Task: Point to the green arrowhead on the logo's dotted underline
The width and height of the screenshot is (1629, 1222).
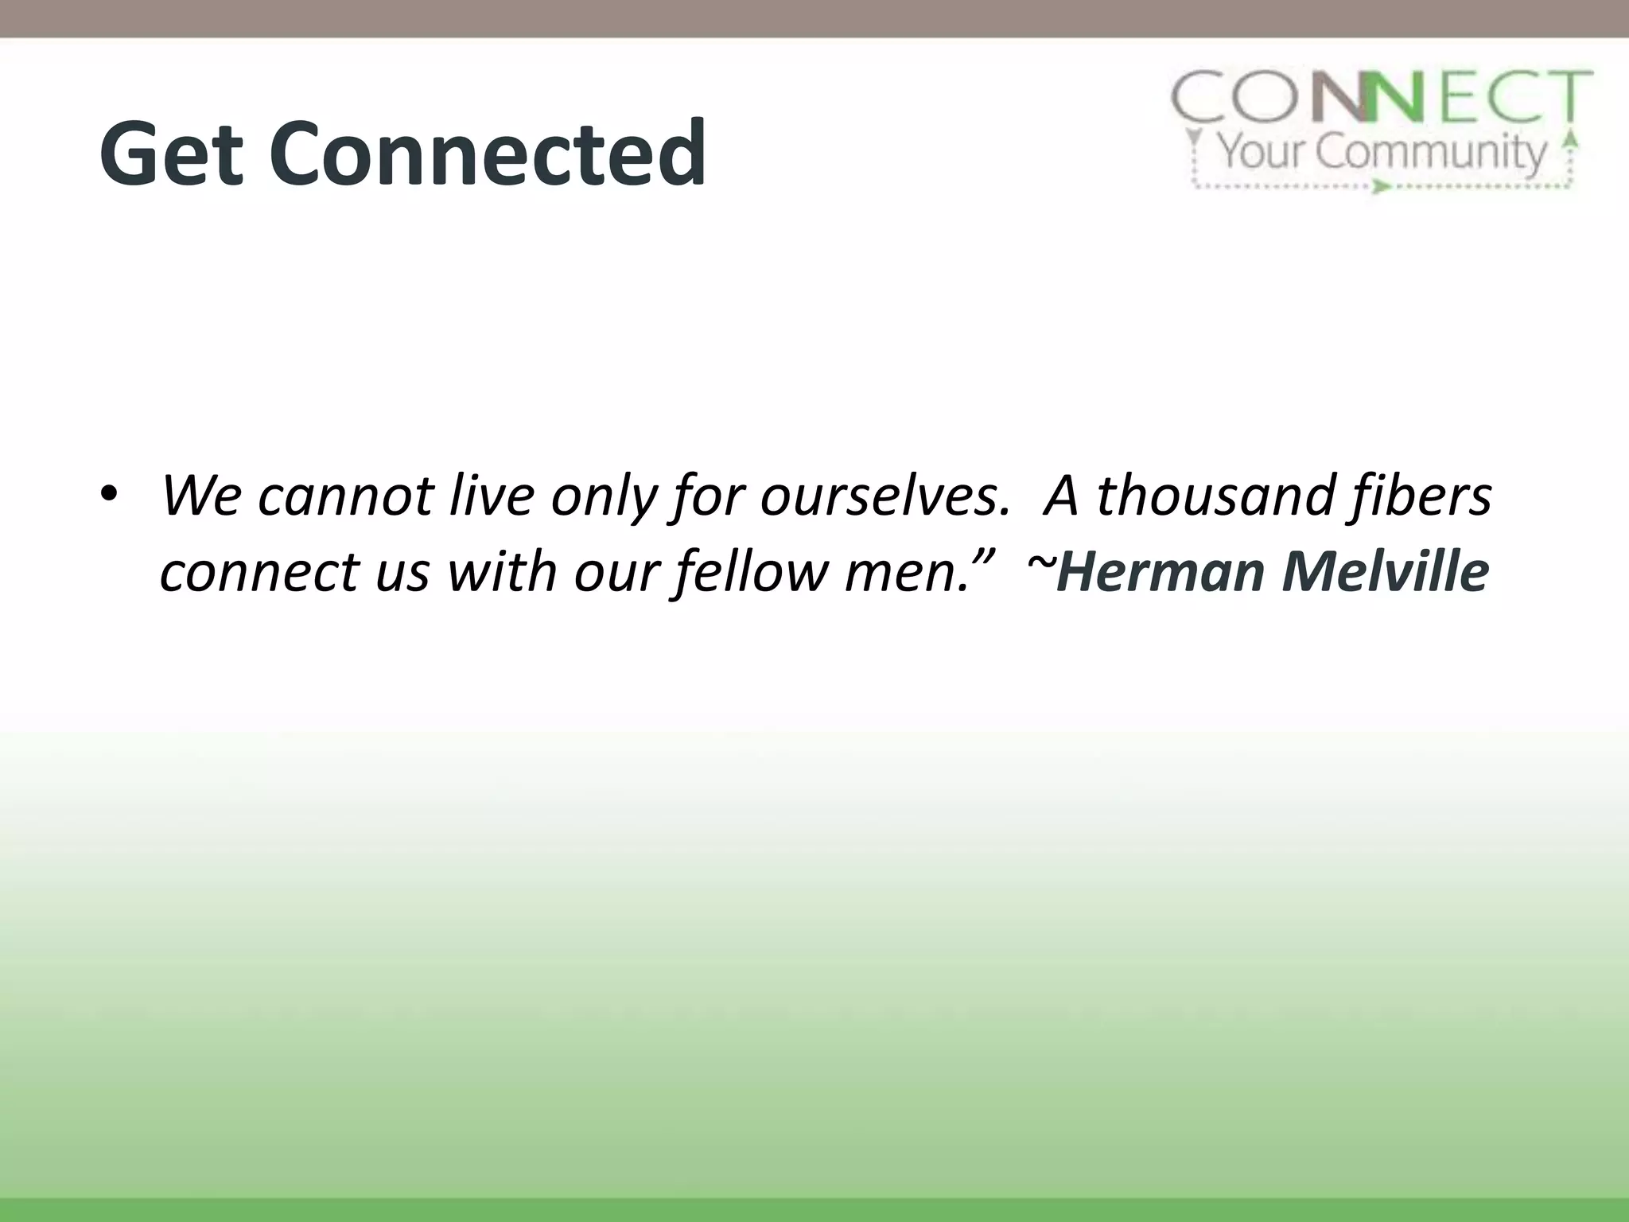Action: [x=1380, y=187]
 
